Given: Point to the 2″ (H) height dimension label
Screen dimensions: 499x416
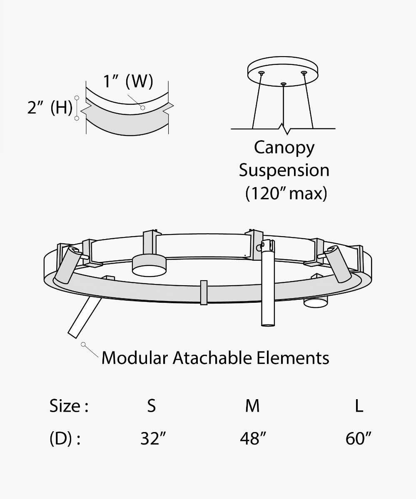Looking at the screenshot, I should point(50,108).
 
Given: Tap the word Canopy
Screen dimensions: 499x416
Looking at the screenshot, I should point(284,148).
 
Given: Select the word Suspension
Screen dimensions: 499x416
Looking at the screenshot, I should point(284,170).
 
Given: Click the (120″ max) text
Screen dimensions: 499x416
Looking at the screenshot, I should point(286,193).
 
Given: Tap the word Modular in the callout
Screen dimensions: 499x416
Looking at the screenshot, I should point(135,358).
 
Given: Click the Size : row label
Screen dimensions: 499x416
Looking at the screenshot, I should point(69,405).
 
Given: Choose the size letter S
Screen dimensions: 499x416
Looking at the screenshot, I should point(152,405).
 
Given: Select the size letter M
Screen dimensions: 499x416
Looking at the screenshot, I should point(252,405).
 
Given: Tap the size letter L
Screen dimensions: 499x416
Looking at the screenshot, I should point(359,405).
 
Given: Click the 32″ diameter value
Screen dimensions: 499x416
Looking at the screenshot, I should point(153,439).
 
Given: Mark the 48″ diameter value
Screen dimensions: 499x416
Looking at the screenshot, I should point(253,439).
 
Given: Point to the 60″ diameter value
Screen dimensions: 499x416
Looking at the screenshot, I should point(359,439).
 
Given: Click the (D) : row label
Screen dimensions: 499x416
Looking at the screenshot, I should point(65,439).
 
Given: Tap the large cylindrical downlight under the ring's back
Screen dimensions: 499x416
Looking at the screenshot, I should point(149,265).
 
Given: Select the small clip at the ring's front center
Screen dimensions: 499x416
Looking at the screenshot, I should point(204,292).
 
